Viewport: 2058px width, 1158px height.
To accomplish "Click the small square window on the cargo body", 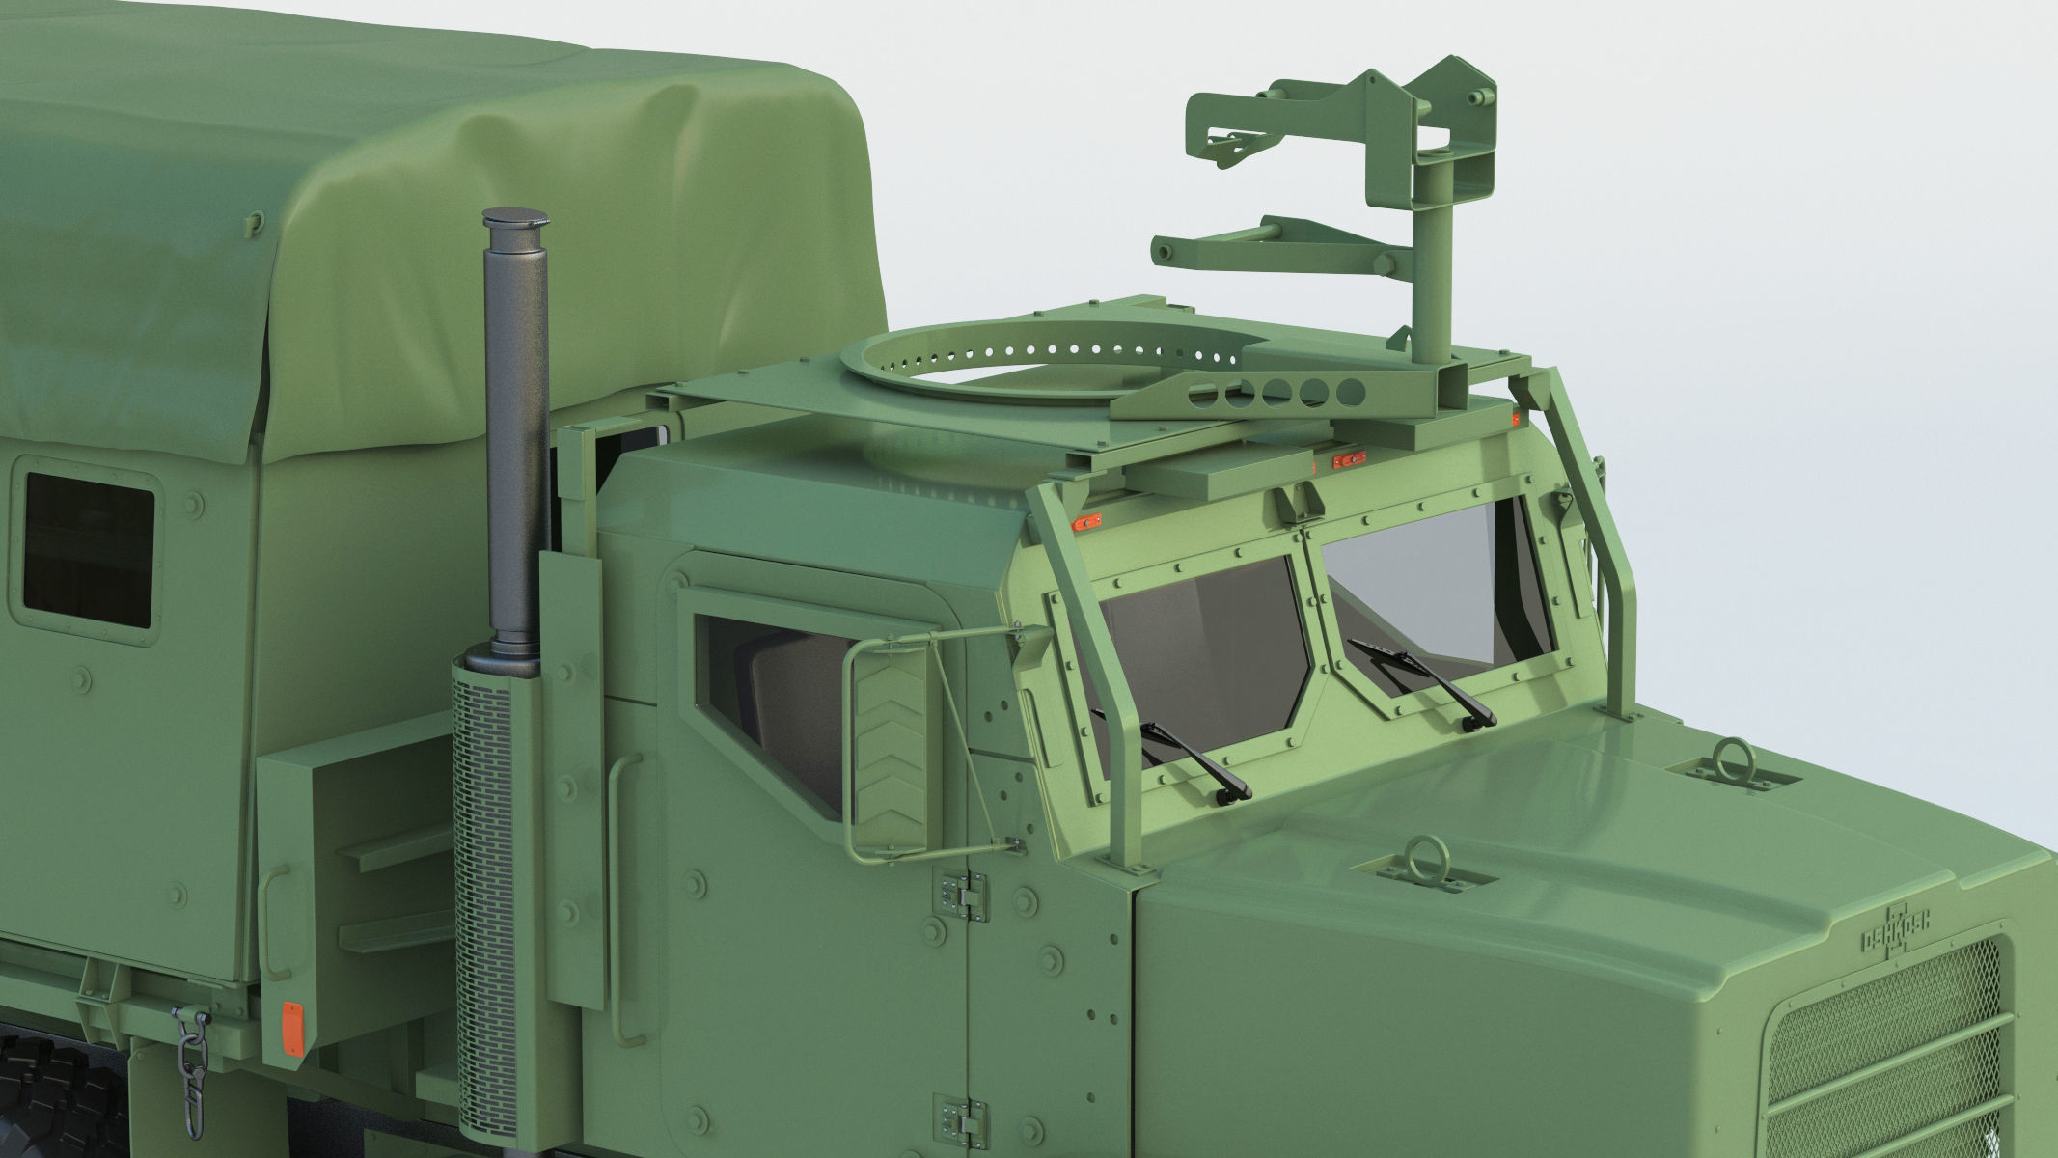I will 88,550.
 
